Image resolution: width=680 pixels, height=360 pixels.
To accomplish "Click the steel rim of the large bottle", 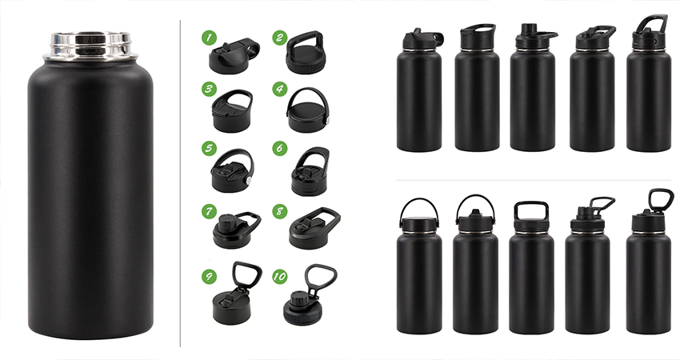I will tap(90, 45).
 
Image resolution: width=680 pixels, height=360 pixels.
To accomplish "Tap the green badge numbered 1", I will tap(209, 38).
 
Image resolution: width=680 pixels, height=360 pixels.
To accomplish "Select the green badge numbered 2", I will tap(279, 38).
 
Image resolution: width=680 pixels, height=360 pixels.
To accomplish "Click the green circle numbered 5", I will tap(209, 149).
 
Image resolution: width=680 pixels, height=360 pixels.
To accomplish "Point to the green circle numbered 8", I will tap(279, 212).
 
